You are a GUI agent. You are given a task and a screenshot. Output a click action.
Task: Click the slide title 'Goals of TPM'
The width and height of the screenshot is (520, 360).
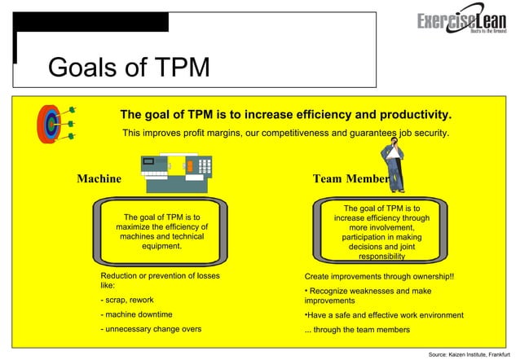pyautogui.click(x=129, y=67)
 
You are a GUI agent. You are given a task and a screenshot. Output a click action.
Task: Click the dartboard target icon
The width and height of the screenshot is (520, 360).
pyautogui.click(x=52, y=124)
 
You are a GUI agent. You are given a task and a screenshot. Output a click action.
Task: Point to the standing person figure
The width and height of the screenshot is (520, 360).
pyautogui.click(x=394, y=163)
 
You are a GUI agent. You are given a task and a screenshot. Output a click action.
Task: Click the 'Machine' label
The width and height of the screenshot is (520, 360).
pyautogui.click(x=99, y=178)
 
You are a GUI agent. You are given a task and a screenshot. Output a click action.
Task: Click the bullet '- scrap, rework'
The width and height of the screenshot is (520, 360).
pyautogui.click(x=127, y=300)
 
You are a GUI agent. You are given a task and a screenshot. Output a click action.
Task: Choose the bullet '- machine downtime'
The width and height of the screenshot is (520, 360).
pyautogui.click(x=136, y=314)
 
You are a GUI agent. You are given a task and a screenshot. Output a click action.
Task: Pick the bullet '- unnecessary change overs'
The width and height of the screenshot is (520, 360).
pyautogui.click(x=151, y=329)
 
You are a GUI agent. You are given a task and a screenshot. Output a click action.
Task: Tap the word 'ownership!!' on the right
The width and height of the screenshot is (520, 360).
pyautogui.click(x=430, y=276)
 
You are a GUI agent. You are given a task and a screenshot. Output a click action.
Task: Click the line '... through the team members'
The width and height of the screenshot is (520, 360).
pyautogui.click(x=357, y=330)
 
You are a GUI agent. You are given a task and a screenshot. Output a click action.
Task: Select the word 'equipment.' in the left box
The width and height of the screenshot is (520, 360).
pyautogui.click(x=161, y=246)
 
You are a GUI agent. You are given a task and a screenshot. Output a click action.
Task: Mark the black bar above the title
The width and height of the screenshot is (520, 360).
pyautogui.click(x=90, y=22)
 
